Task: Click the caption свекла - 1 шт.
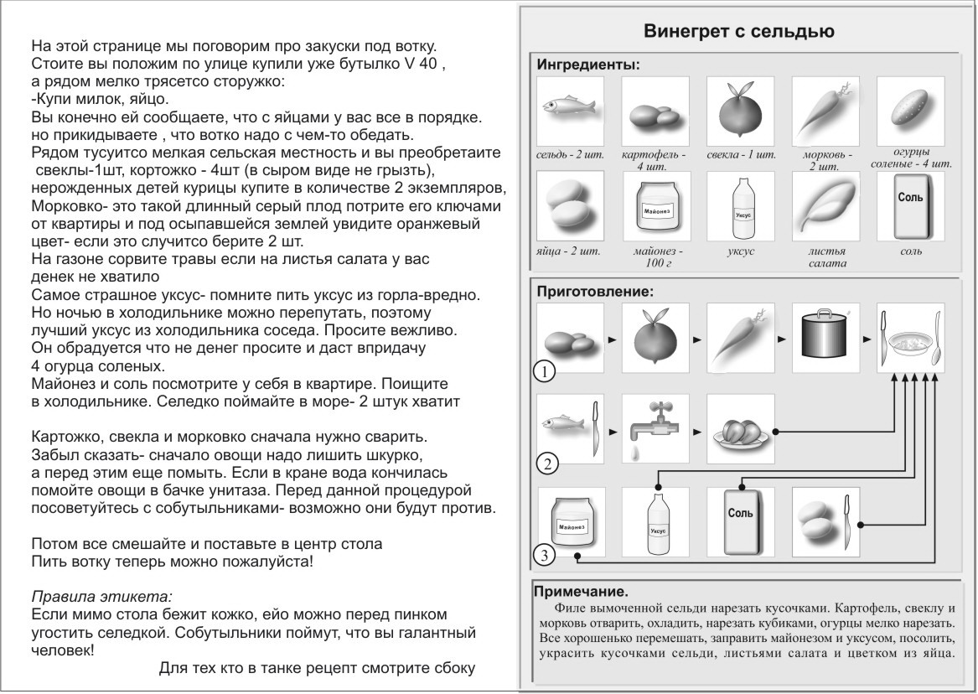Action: [741, 156]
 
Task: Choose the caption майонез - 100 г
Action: [655, 256]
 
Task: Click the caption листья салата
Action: [825, 256]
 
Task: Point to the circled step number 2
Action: [546, 464]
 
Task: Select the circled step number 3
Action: [546, 553]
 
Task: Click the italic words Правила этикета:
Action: [101, 598]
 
